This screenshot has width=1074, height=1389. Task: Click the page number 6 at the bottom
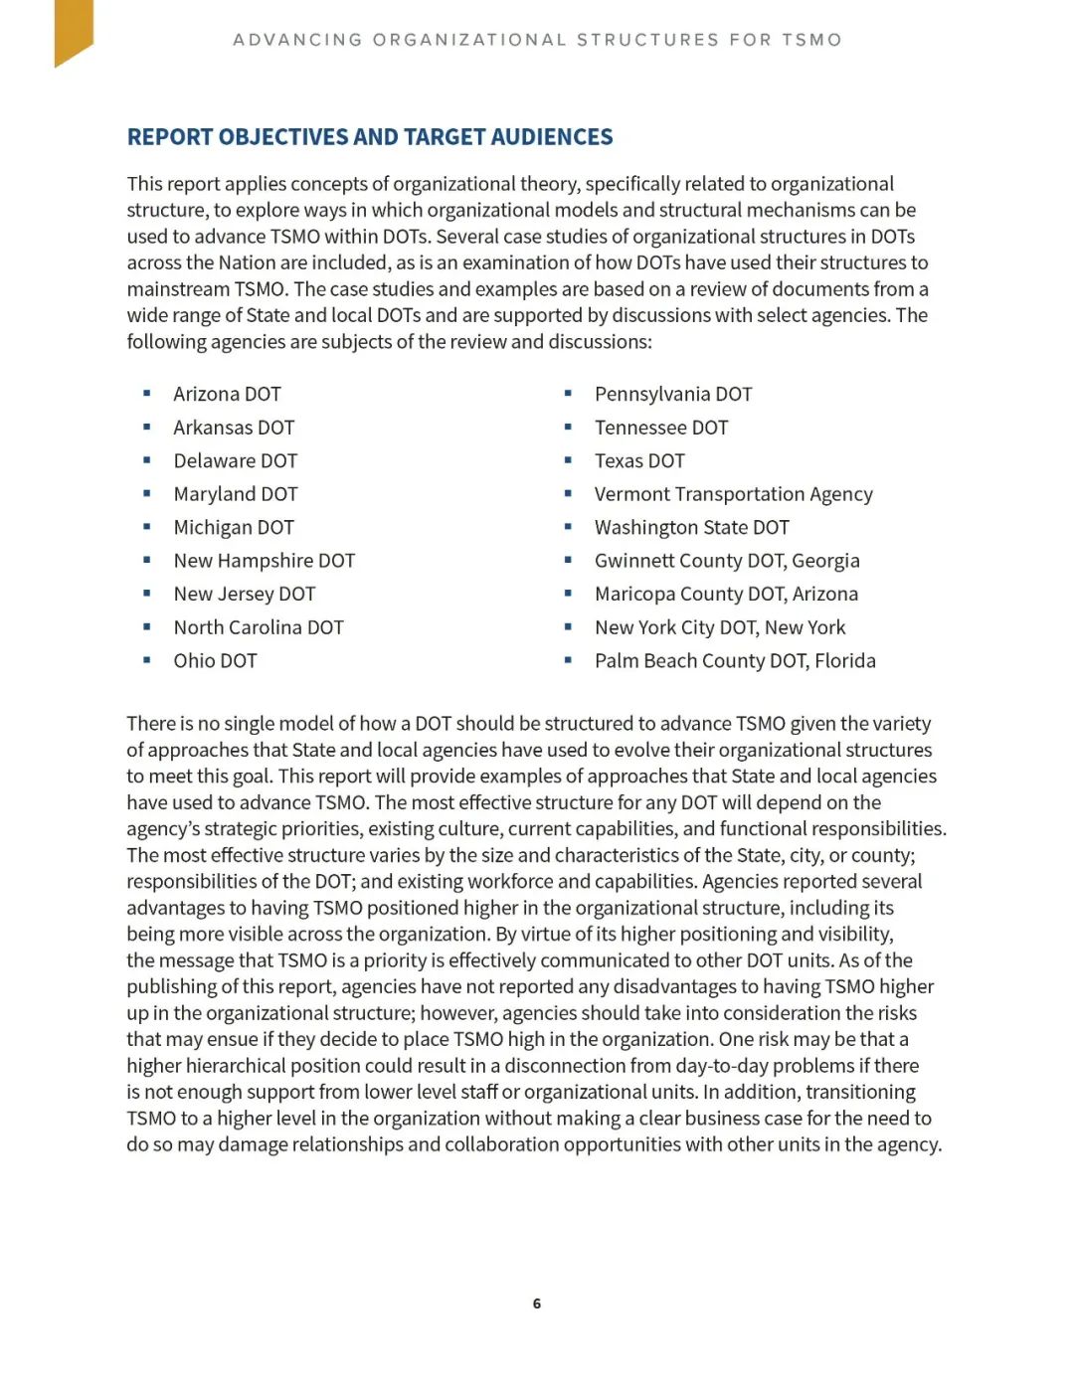point(537,1303)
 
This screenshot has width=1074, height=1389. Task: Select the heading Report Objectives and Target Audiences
point(370,137)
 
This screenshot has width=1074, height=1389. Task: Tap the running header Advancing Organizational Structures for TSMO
point(537,40)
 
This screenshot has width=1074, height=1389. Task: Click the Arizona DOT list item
point(227,394)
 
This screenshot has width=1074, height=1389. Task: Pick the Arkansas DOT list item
point(234,428)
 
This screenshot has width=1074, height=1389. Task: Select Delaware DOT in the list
point(235,460)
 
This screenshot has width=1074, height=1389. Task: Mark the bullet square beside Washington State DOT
point(568,526)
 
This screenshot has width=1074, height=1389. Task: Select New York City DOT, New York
point(720,627)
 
